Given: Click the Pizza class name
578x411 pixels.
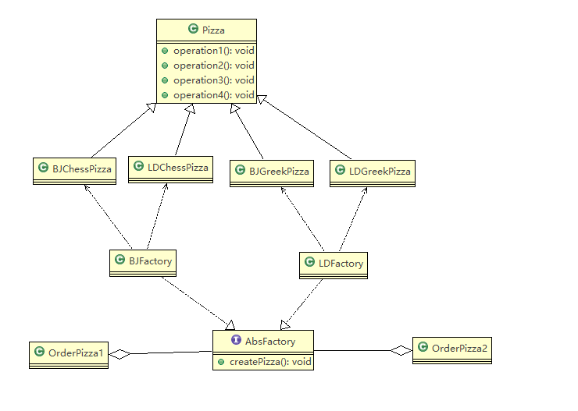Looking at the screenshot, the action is click(x=213, y=30).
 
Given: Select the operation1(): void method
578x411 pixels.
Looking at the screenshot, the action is click(x=214, y=51).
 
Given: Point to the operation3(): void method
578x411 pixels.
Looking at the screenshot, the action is click(x=214, y=80).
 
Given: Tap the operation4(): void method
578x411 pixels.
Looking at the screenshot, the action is click(x=214, y=95).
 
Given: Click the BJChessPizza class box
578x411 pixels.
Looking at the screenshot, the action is click(x=74, y=171).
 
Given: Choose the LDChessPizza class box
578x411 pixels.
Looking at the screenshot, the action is click(x=171, y=169).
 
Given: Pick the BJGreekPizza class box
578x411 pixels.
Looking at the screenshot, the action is click(x=272, y=173).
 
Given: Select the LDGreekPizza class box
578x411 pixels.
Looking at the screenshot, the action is click(x=373, y=173).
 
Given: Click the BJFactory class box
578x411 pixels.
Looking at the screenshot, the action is click(x=143, y=263).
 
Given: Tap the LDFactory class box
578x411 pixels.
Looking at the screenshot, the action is click(x=334, y=265).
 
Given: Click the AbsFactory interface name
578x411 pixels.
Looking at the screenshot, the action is click(x=270, y=342).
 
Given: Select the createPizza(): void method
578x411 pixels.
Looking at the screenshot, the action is click(x=270, y=362).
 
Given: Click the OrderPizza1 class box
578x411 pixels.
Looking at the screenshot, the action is click(x=69, y=355).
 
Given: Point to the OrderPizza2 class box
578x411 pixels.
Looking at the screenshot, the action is click(x=452, y=351).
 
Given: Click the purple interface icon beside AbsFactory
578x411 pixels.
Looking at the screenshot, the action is click(x=236, y=340).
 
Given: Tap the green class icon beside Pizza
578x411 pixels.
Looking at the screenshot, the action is click(x=193, y=28).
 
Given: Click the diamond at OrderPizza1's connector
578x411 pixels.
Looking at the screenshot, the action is click(x=120, y=354).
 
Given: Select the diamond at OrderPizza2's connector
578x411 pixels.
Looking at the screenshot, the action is click(x=401, y=350).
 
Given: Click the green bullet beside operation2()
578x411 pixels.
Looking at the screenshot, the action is click(x=165, y=66).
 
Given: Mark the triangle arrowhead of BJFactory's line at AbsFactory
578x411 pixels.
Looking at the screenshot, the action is click(x=230, y=325).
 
